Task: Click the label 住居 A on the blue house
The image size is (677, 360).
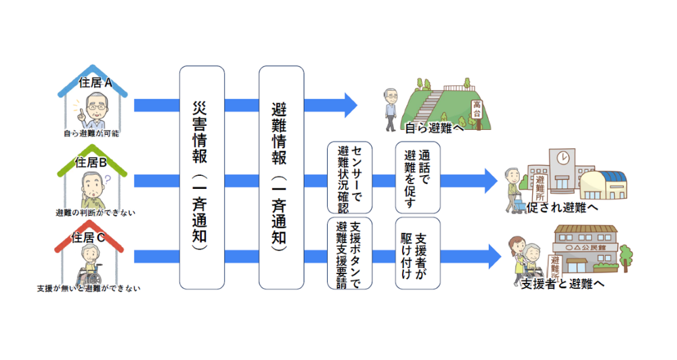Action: [x=95, y=83]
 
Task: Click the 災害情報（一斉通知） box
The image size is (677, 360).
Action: [x=202, y=176]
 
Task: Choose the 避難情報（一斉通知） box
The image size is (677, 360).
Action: [x=281, y=176]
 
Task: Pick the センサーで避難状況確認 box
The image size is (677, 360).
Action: [x=349, y=177]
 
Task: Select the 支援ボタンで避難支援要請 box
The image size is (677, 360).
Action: [x=349, y=253]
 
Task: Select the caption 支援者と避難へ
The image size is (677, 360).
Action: [x=561, y=284]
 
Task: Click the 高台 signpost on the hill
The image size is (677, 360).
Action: [x=477, y=108]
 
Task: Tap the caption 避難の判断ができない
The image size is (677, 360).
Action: [x=95, y=212]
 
